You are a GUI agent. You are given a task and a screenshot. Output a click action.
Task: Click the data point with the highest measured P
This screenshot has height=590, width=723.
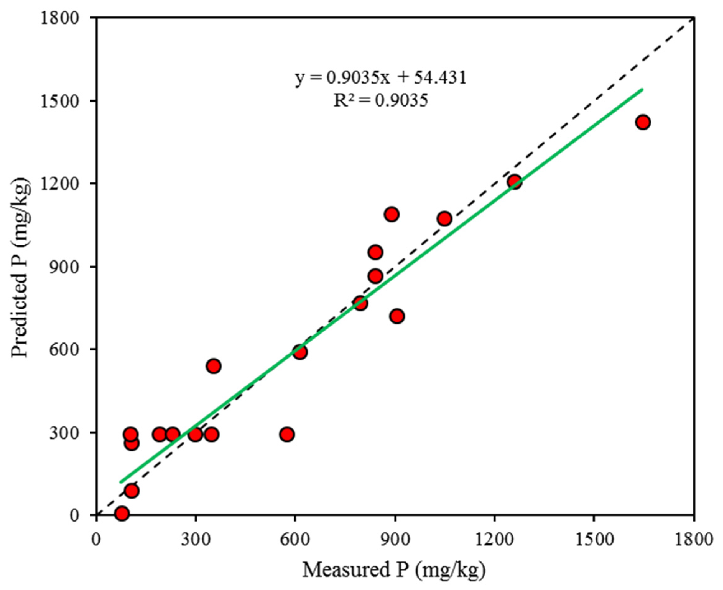(643, 122)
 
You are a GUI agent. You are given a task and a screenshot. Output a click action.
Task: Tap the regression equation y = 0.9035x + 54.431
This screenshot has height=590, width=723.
(380, 78)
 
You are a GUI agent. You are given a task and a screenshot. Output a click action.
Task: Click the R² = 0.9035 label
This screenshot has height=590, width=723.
(380, 101)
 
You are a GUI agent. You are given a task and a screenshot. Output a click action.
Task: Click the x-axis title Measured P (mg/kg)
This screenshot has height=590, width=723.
(394, 569)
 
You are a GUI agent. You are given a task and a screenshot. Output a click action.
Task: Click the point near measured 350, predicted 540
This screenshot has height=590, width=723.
(214, 366)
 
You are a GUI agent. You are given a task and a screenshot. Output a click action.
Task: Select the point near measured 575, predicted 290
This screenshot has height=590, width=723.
(287, 434)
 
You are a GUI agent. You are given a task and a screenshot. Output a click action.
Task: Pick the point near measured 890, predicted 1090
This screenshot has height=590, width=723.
(392, 214)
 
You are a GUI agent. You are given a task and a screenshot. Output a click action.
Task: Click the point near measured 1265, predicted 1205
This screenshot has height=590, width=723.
(515, 182)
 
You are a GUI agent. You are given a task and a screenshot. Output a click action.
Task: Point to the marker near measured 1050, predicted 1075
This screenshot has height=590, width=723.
(444, 219)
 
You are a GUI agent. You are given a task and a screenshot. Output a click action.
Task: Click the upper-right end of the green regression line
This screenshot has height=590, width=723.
(642, 89)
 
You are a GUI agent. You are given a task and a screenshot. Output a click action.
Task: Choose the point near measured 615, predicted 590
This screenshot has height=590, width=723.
(300, 352)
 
